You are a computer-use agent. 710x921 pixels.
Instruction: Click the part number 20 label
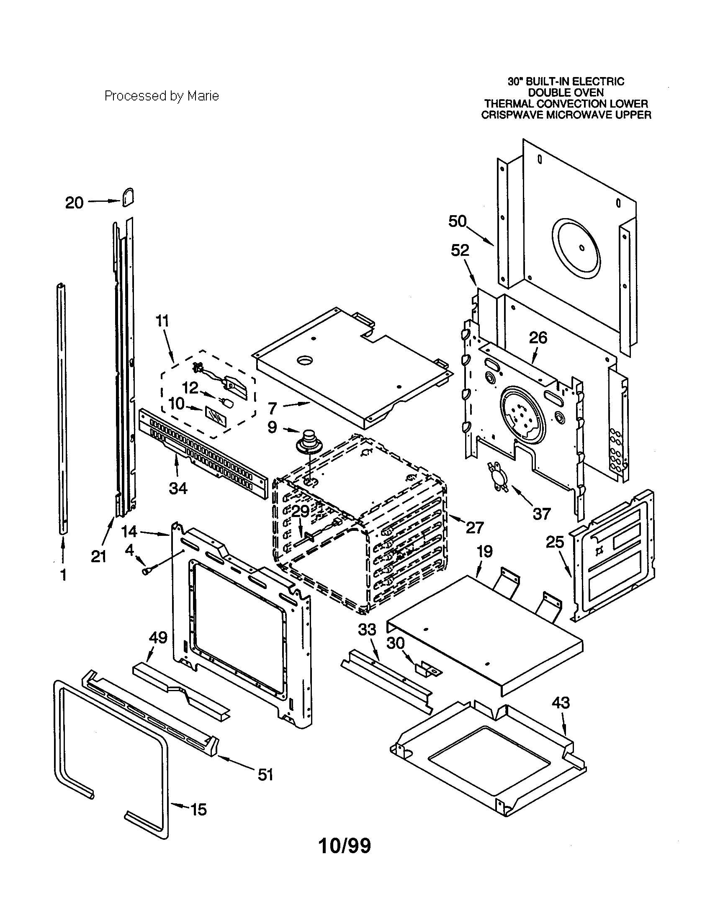74,203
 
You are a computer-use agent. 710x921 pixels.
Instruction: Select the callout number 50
457,221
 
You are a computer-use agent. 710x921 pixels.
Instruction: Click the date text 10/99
345,845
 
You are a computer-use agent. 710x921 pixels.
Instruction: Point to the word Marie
203,96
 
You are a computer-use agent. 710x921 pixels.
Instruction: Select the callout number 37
542,514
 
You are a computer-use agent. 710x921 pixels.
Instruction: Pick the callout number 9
273,427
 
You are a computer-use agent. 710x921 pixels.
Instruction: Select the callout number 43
560,703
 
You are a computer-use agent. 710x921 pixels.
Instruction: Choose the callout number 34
178,488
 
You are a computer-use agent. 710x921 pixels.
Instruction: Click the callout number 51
265,774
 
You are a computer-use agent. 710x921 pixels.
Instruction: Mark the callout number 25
555,542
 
